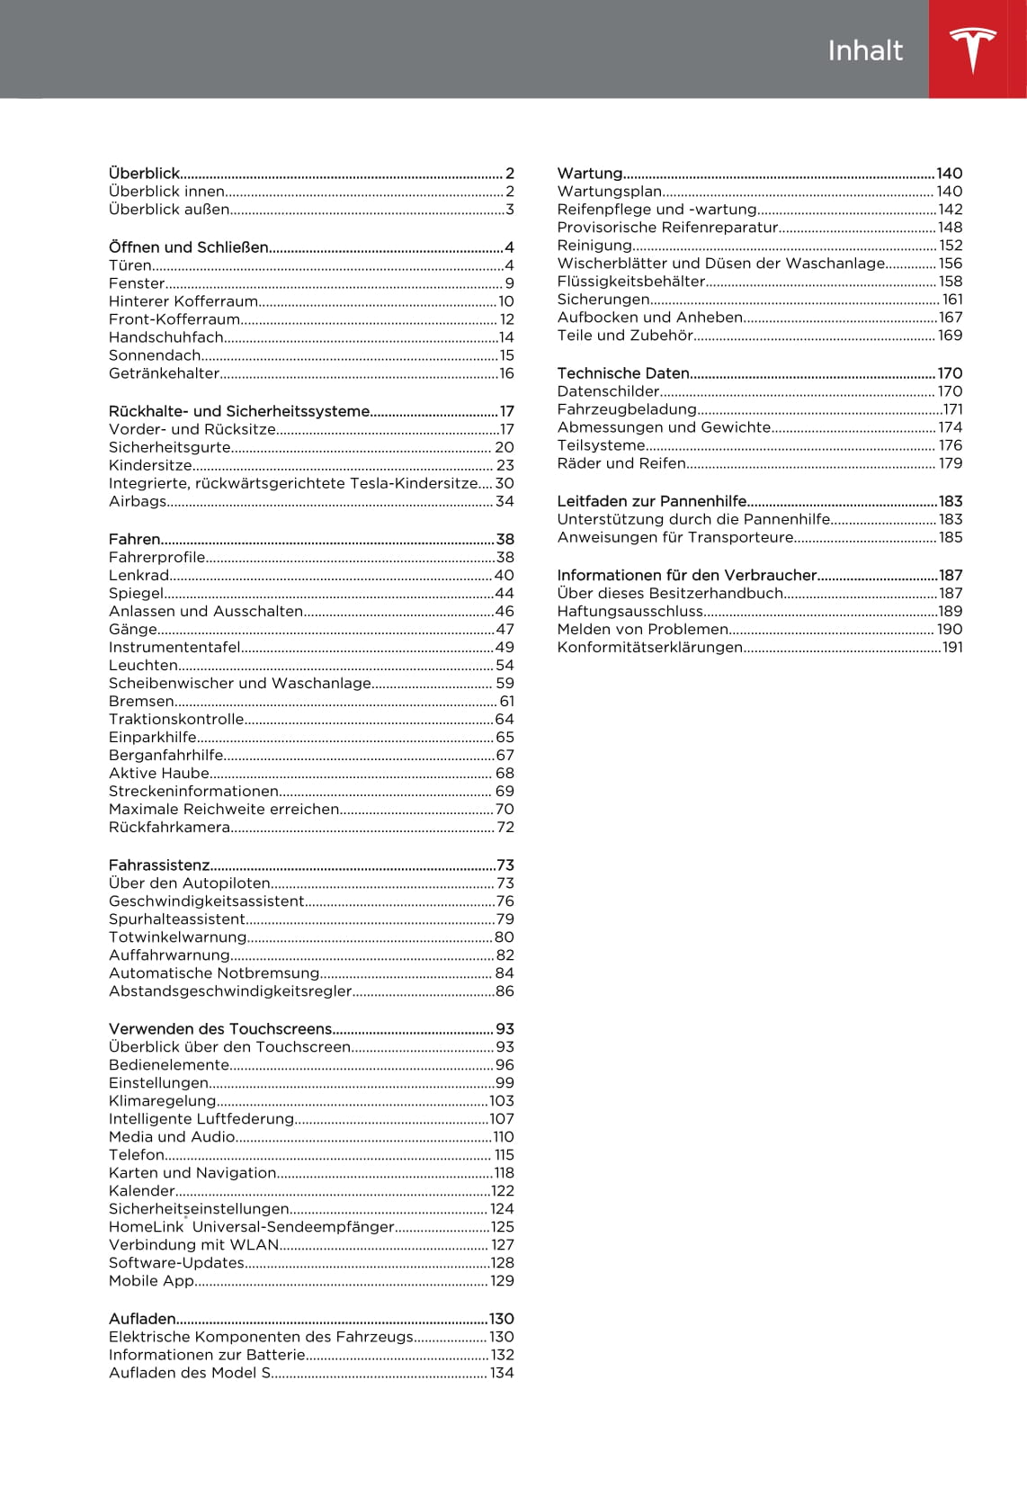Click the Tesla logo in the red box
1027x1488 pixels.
[x=973, y=49]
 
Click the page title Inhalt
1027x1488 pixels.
[x=864, y=50]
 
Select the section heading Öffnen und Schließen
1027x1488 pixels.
[x=189, y=247]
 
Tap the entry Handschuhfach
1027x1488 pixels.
[x=166, y=337]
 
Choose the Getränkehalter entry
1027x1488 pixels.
[x=165, y=373]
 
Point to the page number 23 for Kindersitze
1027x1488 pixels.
[x=505, y=465]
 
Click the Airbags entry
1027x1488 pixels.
[x=138, y=501]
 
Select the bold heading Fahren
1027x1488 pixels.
[x=135, y=539]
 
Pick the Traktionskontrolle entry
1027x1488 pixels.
[x=176, y=719]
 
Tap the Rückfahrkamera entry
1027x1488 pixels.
[x=170, y=827]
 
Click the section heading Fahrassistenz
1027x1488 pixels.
[x=159, y=865]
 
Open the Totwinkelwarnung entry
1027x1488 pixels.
[x=178, y=937]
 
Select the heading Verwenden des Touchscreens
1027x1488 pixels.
[x=220, y=1028]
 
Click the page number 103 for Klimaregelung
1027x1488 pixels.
[x=501, y=1100]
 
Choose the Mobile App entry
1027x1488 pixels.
[x=151, y=1280]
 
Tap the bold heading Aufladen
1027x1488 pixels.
[x=142, y=1319]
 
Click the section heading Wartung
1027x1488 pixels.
[x=590, y=173]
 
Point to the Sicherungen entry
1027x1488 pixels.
[x=603, y=299]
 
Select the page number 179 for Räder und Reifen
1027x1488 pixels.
[x=951, y=463]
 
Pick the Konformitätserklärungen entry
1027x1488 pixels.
[x=650, y=647]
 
